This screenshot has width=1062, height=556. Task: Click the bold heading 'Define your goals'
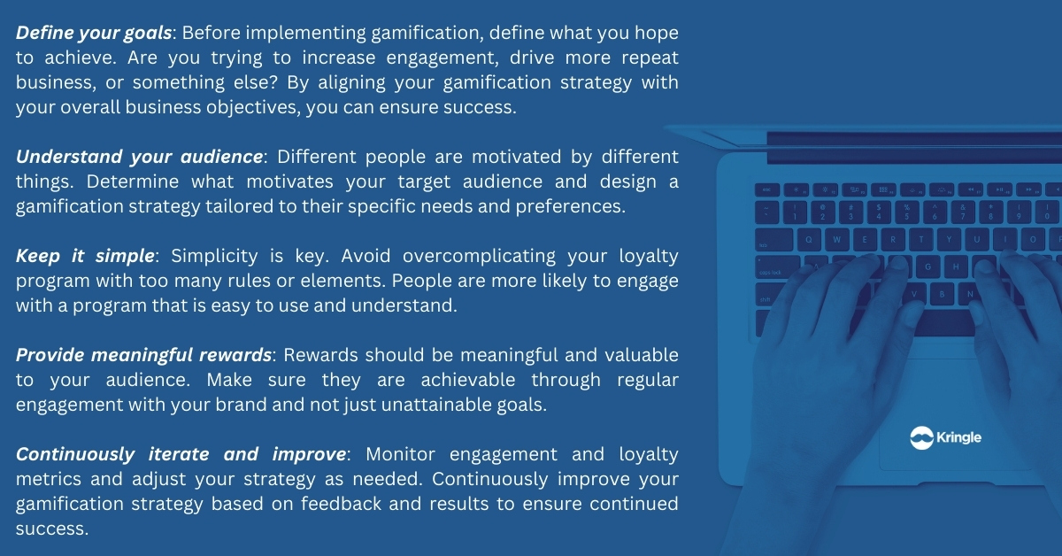(94, 34)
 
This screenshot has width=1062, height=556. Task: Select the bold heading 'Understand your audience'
(140, 157)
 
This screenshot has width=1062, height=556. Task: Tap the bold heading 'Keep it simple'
(85, 256)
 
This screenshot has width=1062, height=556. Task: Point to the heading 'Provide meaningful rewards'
(143, 355)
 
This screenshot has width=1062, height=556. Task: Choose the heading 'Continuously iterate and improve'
(181, 454)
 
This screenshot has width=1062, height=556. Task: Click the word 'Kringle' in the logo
(958, 437)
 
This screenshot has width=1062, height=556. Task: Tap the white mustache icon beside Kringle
(921, 437)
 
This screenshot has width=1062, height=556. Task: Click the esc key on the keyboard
(767, 189)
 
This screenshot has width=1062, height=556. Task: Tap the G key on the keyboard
(927, 267)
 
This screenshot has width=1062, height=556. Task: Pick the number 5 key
(906, 212)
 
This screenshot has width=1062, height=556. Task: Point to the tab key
(773, 240)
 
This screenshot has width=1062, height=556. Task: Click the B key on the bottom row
(942, 294)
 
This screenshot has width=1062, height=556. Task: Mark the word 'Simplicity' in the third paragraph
(214, 257)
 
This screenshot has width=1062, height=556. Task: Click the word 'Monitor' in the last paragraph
(400, 454)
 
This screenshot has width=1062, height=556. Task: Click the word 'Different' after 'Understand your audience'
(316, 157)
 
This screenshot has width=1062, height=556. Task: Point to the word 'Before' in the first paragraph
(211, 34)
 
